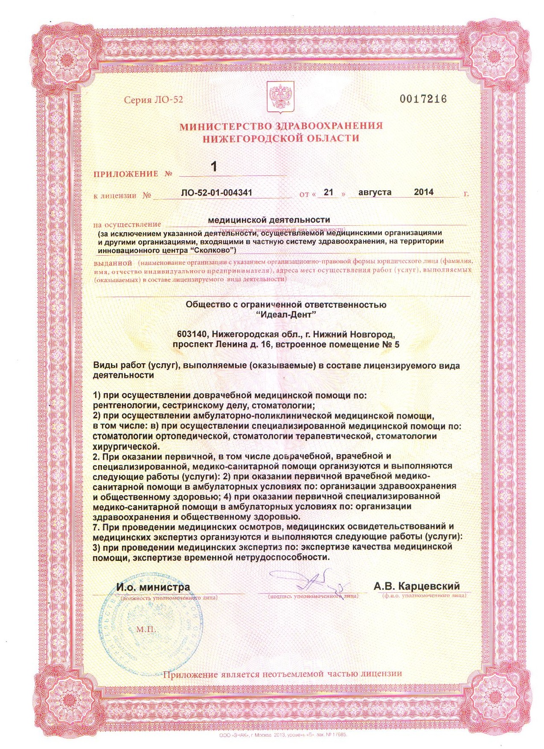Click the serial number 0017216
click(423, 99)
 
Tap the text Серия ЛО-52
click(153, 100)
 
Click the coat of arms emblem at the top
click(279, 99)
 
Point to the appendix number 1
click(214, 166)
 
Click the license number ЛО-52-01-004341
click(216, 192)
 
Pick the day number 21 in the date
click(328, 192)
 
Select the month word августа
click(375, 192)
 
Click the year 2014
click(423, 192)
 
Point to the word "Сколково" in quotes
click(212, 249)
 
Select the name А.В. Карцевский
click(416, 586)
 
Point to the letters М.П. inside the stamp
click(146, 630)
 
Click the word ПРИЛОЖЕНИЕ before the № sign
click(125, 174)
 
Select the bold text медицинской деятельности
click(269, 220)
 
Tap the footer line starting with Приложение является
click(282, 674)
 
